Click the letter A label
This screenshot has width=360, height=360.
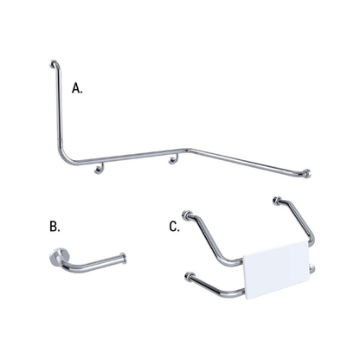pos(77,87)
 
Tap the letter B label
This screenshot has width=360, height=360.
pos(55,227)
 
